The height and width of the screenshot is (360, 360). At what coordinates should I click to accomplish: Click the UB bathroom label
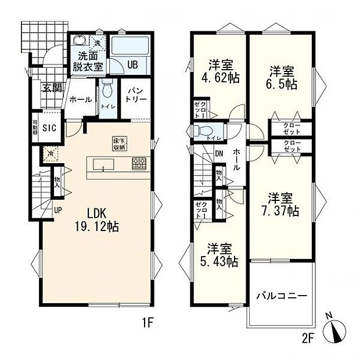[132, 64]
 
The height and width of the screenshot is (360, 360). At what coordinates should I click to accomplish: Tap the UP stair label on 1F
[58, 210]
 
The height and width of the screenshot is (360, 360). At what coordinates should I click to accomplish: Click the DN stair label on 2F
[219, 154]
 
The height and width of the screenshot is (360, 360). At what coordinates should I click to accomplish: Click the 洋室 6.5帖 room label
[282, 78]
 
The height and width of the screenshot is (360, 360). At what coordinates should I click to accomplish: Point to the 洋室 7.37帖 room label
[280, 203]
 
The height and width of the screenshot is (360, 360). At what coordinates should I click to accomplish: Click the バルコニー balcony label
[282, 297]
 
